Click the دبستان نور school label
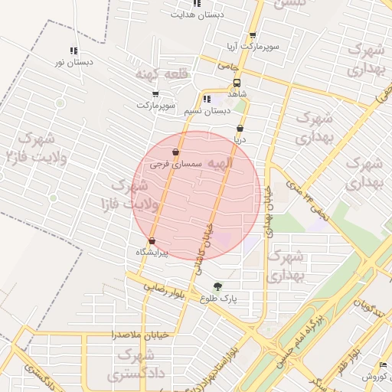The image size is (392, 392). tap(73, 63)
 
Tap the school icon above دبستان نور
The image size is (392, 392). tap(73, 51)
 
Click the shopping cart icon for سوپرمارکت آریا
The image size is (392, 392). tap(253, 35)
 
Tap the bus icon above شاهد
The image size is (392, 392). tap(237, 81)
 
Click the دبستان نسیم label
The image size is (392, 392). tap(207, 111)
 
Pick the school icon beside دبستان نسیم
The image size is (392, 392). tap(207, 99)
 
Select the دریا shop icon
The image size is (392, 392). tap(240, 128)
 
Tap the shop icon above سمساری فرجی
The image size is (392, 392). tap(176, 152)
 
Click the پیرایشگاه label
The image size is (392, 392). tap(152, 252)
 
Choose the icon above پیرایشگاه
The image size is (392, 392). tap(152, 240)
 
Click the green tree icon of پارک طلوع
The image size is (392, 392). tap(219, 286)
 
